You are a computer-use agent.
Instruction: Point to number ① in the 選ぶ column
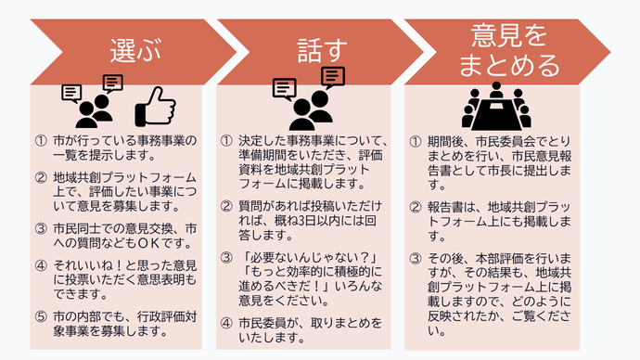point(42,142)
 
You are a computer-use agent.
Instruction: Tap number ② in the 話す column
point(227,206)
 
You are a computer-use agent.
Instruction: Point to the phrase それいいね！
point(83,264)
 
